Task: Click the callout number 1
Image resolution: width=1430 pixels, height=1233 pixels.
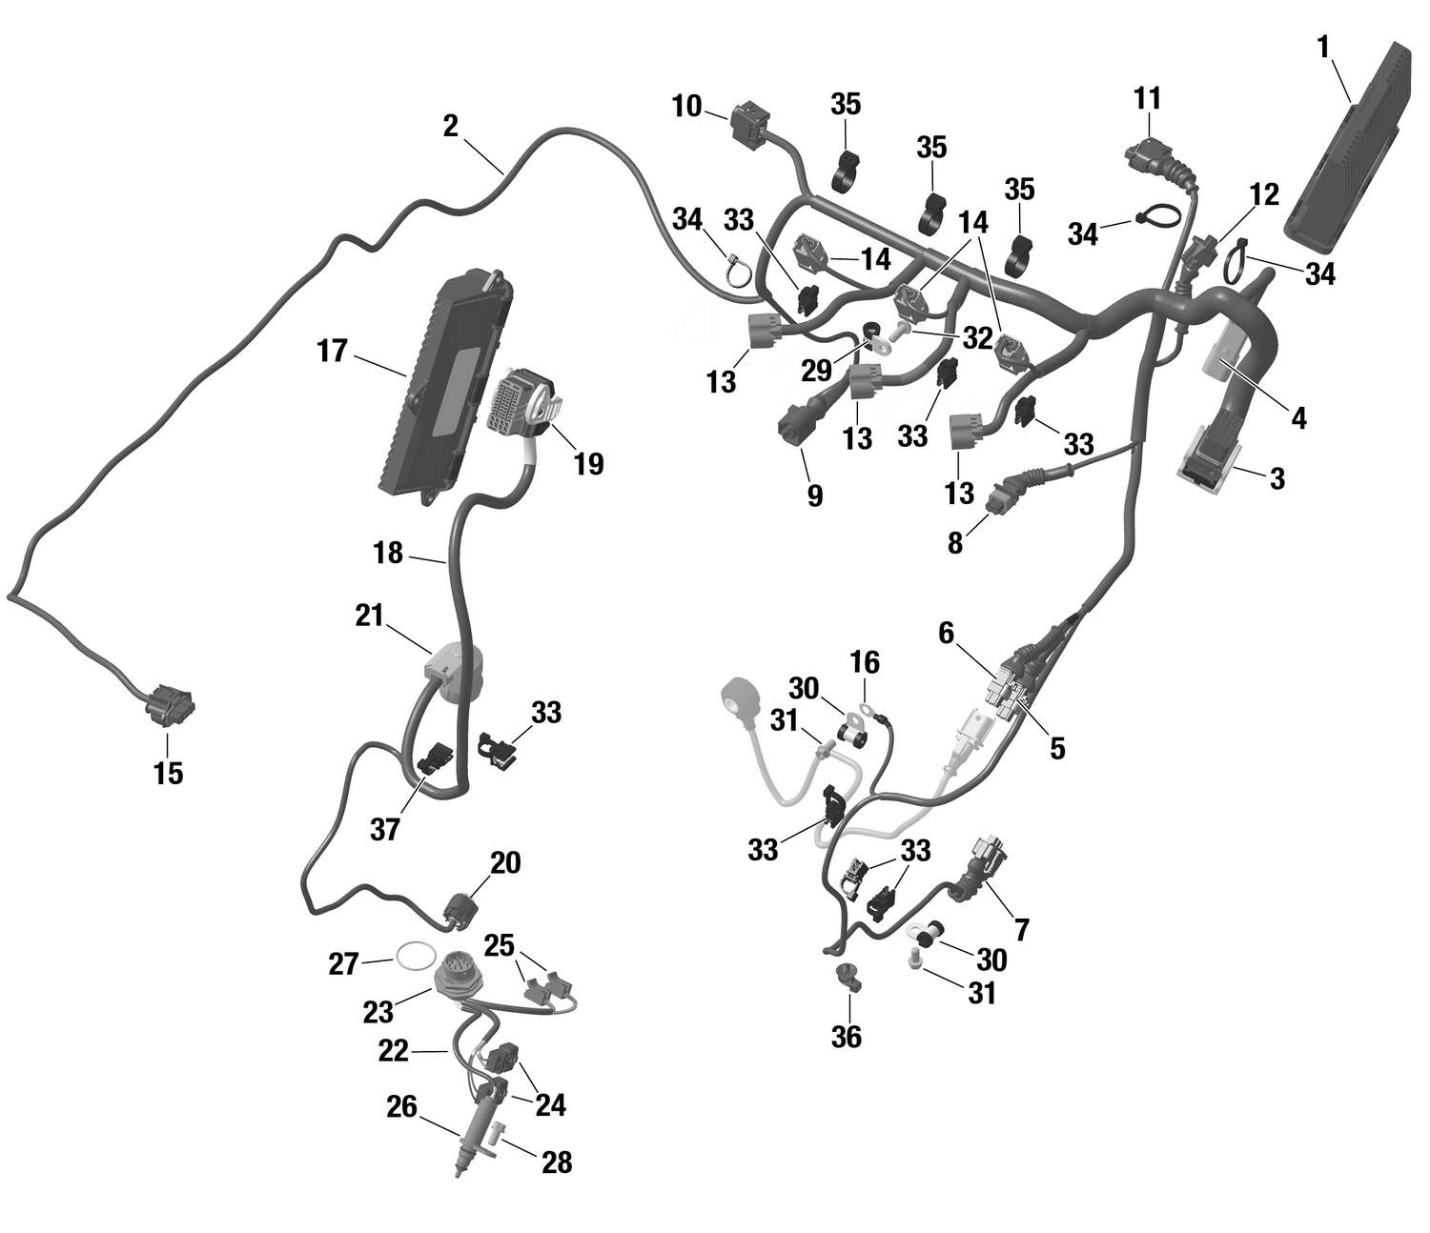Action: (1323, 48)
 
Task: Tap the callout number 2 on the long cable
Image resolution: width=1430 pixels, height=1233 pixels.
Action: (451, 126)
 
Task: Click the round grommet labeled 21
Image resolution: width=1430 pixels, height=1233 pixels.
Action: (457, 668)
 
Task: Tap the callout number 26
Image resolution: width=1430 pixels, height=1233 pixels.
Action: (401, 1106)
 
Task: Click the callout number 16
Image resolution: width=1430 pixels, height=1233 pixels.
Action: (865, 662)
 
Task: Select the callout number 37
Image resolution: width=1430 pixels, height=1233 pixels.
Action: (384, 829)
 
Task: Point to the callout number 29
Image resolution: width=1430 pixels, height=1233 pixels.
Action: (817, 369)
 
